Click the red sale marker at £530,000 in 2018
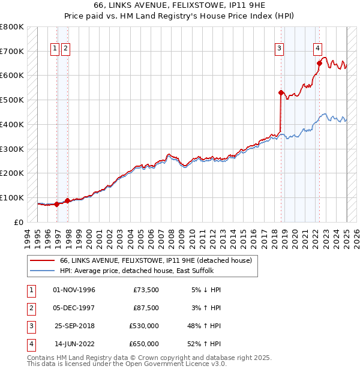[x=281, y=92]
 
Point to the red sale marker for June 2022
[x=319, y=63]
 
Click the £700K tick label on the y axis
[x=11, y=51]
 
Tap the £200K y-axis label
[x=11, y=173]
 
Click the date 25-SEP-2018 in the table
[x=74, y=326]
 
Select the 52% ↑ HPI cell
[x=205, y=344]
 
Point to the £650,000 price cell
[x=145, y=344]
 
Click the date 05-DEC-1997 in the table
[x=74, y=308]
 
